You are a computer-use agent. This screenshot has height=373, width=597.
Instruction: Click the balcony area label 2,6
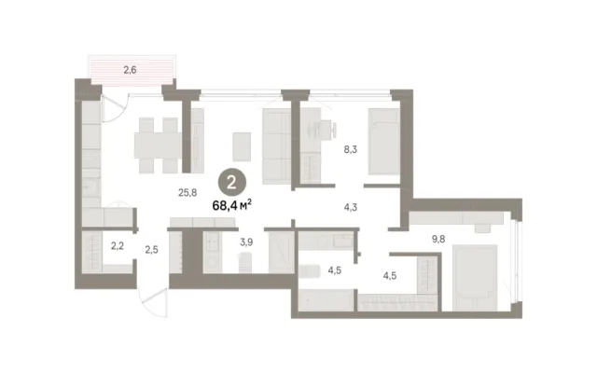[130, 70]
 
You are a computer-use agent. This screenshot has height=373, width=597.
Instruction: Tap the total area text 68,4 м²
[232, 205]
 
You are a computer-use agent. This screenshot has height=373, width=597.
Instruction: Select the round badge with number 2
[232, 183]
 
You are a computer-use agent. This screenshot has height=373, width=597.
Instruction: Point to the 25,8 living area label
[187, 193]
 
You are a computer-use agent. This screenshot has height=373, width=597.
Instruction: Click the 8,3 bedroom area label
[351, 149]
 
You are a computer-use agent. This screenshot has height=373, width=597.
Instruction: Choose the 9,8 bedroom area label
[438, 239]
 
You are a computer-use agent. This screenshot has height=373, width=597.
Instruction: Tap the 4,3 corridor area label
[351, 208]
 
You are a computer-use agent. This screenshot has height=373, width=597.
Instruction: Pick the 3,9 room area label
[246, 242]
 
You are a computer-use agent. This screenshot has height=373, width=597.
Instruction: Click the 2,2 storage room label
[118, 246]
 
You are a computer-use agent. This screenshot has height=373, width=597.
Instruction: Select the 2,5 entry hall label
[151, 250]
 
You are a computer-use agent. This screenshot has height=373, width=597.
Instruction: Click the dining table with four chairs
[158, 145]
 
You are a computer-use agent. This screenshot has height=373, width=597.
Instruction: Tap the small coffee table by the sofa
[242, 146]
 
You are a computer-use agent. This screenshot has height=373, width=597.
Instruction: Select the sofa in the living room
[277, 146]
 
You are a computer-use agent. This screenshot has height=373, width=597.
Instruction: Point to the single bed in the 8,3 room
[383, 142]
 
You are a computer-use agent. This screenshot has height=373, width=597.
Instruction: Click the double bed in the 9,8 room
[475, 278]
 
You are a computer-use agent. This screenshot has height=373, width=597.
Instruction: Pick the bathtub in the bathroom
[326, 300]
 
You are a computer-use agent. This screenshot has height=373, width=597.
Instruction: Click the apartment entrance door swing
[153, 302]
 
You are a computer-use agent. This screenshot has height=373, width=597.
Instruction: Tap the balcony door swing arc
[114, 108]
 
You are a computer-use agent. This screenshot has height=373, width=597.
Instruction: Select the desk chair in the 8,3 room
[328, 130]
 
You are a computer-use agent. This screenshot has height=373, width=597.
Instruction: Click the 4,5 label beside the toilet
[335, 271]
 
